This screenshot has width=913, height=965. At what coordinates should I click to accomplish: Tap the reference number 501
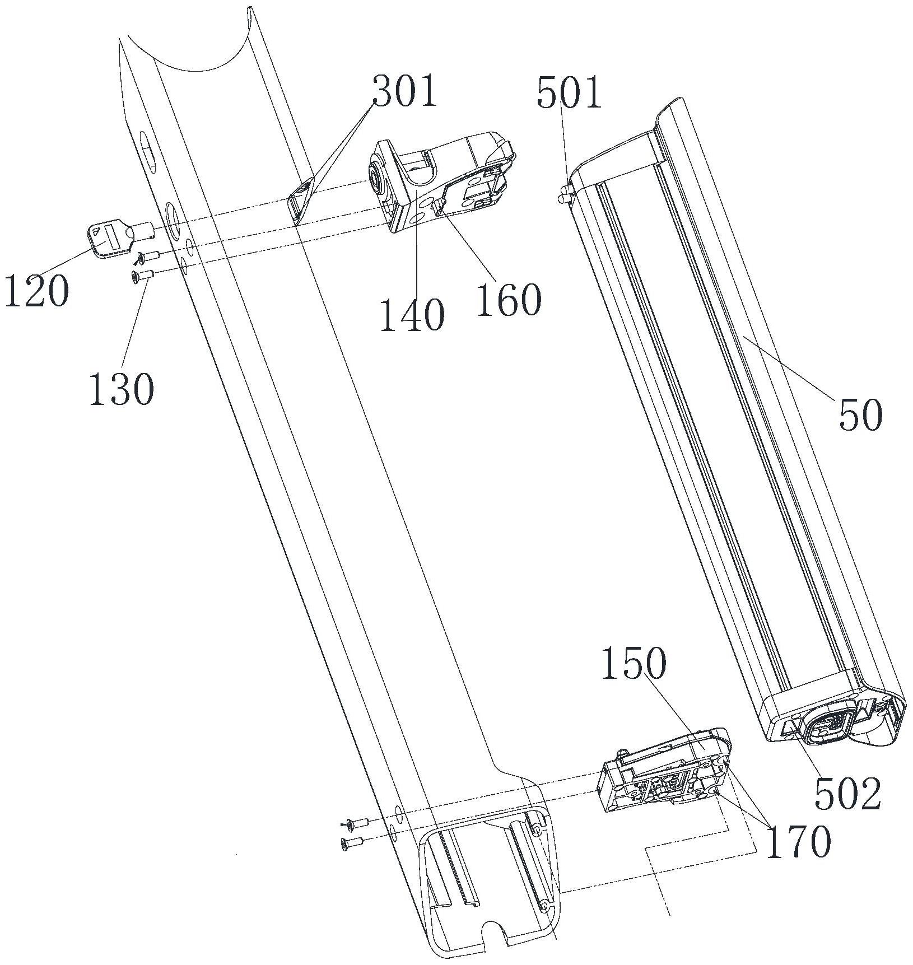click(x=569, y=93)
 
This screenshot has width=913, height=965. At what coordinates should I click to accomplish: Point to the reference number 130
click(x=121, y=388)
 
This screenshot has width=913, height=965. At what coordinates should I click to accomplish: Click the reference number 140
click(x=412, y=316)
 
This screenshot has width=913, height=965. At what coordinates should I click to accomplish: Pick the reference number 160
click(x=509, y=300)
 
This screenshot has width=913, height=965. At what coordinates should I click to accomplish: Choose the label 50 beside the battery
click(x=860, y=414)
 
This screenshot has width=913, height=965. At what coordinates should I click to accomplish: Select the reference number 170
click(x=798, y=841)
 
